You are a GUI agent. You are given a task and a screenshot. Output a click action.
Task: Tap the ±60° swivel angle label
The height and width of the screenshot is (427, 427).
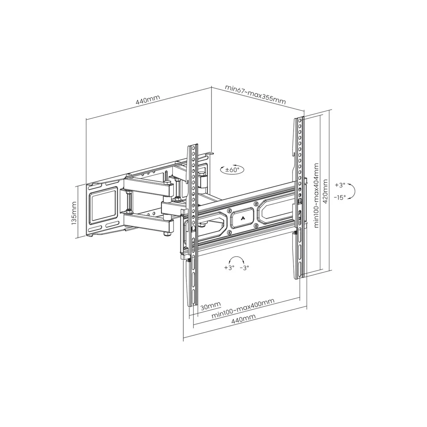point(233,170)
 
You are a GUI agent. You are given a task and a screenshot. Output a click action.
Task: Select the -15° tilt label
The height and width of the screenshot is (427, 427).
point(340,197)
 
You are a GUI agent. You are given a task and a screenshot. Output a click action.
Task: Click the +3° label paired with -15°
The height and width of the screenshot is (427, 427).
point(340,185)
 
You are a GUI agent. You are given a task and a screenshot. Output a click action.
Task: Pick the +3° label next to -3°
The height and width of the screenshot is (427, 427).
point(229,268)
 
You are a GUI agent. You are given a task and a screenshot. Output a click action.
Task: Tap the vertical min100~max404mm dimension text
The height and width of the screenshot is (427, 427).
point(316,195)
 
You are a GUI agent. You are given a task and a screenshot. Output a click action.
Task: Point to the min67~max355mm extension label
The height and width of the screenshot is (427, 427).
point(255,94)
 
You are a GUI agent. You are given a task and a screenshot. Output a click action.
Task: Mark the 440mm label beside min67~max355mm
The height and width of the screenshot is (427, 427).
point(147,101)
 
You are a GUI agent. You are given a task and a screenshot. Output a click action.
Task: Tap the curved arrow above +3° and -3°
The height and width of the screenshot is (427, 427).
point(237,259)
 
